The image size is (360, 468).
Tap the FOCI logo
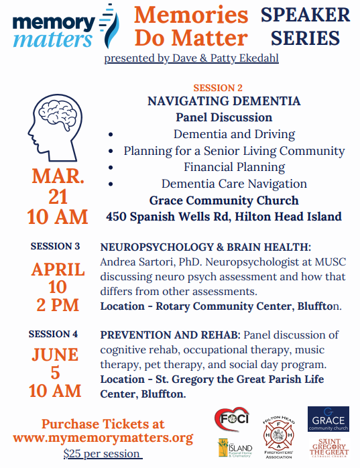(230, 420)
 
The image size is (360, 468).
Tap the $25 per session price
(103, 454)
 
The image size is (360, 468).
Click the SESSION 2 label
(218, 88)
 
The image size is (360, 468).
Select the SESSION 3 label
(55, 246)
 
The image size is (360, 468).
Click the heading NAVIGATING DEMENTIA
(224, 101)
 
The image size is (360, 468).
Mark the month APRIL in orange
(58, 270)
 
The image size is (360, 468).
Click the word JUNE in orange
(56, 354)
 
